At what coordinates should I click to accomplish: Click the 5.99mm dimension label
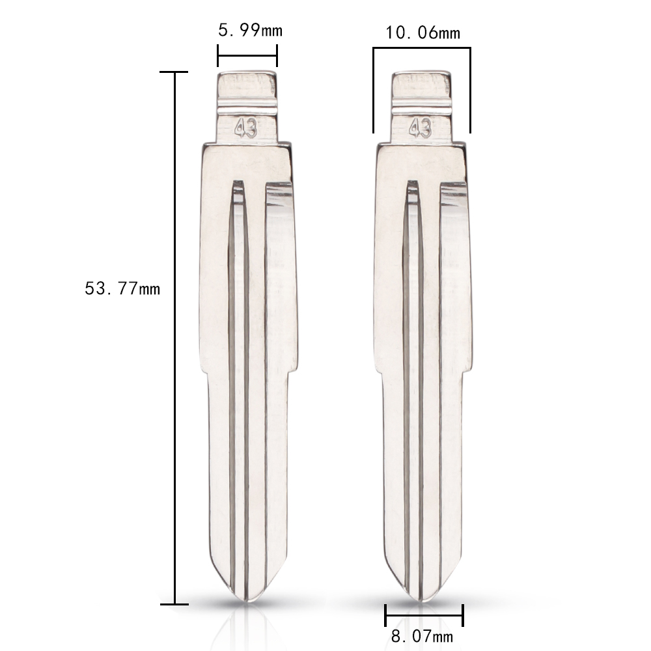[x=251, y=31]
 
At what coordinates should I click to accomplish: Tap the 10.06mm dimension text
[x=423, y=33]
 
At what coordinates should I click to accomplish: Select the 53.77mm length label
[x=122, y=288]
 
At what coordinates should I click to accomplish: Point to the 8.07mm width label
[x=422, y=635]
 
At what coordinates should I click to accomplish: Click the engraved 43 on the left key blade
[x=246, y=128]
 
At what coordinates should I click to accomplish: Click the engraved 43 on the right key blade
[x=420, y=128]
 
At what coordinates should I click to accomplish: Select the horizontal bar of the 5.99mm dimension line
[x=247, y=55]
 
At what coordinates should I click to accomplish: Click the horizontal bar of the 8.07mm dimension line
[x=424, y=616]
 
